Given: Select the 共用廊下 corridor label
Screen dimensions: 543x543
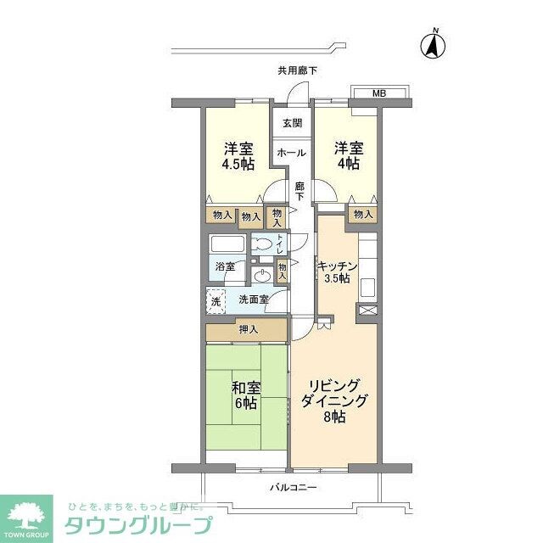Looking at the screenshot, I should [297, 71].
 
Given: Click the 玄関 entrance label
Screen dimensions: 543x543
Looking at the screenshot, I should [291, 123].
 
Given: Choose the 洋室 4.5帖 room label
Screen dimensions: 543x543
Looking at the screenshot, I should [238, 156].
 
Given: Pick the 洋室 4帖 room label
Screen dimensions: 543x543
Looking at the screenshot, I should [347, 156].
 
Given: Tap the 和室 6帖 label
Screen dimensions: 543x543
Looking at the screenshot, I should [245, 395].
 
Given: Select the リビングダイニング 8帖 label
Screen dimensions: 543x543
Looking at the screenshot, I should [334, 400].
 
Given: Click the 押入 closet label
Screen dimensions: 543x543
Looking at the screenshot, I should [249, 329].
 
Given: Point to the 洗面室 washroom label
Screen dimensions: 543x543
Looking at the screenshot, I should [253, 299].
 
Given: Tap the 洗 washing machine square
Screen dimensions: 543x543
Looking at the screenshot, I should [215, 299].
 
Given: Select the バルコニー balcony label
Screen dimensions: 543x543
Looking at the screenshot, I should [294, 488].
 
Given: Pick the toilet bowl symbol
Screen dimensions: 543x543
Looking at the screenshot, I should [265, 246].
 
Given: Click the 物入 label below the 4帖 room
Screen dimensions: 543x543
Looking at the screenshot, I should [363, 215].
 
